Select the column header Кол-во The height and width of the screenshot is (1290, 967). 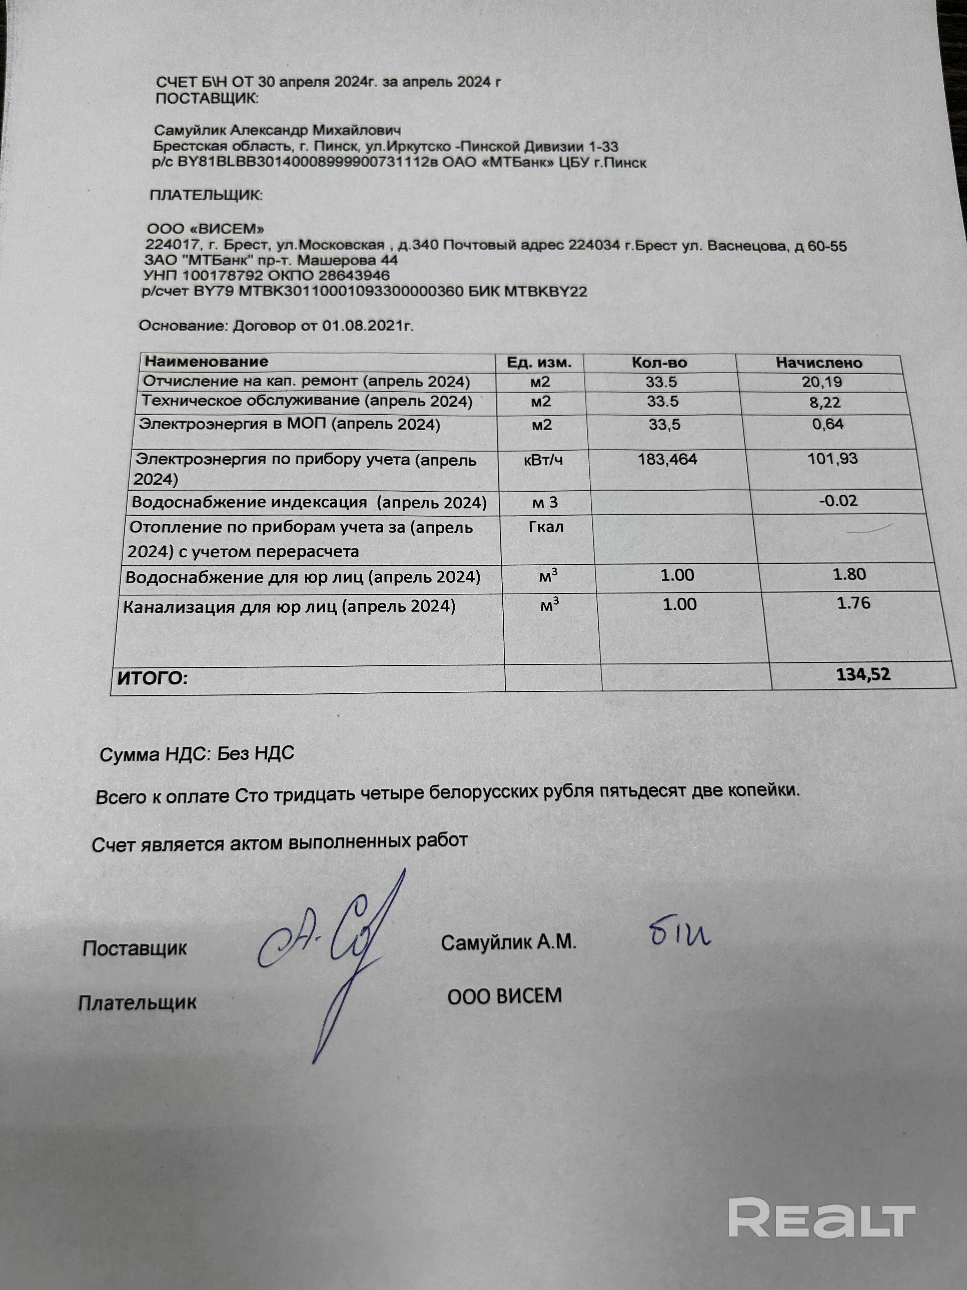tap(659, 363)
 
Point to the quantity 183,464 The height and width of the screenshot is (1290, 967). tap(667, 459)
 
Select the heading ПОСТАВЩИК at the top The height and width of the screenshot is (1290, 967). tap(206, 98)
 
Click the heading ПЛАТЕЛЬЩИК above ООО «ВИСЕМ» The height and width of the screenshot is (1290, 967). tap(206, 195)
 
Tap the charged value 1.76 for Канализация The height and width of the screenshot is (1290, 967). tap(853, 603)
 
